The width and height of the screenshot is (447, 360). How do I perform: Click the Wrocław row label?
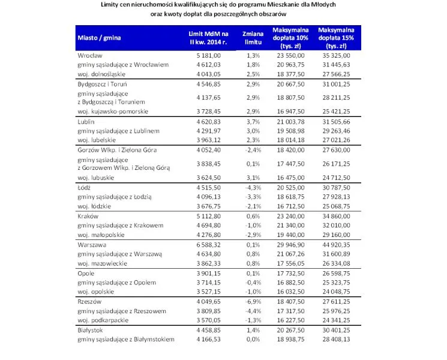point(90,55)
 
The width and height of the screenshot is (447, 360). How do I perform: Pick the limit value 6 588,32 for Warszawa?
point(208,245)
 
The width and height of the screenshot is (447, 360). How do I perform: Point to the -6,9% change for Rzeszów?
point(253,301)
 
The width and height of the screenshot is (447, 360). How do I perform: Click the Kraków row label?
point(88,217)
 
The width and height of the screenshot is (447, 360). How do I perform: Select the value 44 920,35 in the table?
point(336,245)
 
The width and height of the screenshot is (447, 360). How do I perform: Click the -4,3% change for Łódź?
point(253,188)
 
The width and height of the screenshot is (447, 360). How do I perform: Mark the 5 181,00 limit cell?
point(208,55)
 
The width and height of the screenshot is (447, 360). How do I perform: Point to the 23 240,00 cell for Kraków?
point(290,217)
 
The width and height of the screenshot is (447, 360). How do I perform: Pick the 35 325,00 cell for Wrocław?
point(336,55)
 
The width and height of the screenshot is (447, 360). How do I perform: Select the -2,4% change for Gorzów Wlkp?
point(253,150)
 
